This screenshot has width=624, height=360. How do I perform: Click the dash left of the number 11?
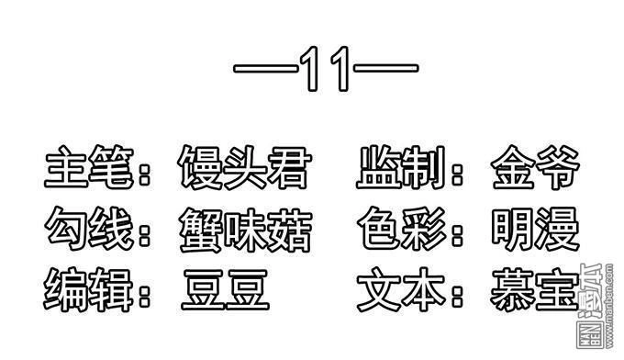click(x=264, y=70)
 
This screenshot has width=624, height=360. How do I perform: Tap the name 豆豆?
click(x=225, y=287)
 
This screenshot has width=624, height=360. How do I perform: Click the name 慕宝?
click(x=535, y=287)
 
